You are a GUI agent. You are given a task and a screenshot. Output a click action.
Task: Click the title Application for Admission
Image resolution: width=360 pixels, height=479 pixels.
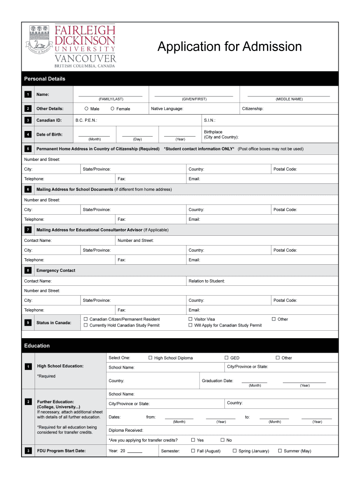click(230, 47)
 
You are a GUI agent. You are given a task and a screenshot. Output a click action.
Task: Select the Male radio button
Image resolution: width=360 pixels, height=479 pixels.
click(86, 109)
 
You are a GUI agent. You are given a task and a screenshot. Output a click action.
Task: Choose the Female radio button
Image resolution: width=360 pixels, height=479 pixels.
click(112, 109)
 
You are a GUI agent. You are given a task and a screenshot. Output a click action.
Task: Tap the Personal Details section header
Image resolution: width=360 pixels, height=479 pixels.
click(45, 79)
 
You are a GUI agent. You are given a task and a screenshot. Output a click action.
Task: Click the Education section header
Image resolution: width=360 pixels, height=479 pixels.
click(37, 346)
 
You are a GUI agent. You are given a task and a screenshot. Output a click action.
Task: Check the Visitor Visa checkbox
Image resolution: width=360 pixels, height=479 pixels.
click(190, 319)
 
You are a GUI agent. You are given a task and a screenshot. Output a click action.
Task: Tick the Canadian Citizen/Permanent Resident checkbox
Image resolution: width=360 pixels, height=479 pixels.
click(86, 319)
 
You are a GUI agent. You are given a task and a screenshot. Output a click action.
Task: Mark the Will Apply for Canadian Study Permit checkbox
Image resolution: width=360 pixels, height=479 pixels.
click(190, 325)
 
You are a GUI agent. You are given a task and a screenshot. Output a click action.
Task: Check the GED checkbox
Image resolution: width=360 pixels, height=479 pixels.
click(226, 358)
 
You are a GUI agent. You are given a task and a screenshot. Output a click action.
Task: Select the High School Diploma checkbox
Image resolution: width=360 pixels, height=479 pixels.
click(150, 358)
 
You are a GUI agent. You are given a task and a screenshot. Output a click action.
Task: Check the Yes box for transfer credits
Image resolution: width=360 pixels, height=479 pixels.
click(193, 440)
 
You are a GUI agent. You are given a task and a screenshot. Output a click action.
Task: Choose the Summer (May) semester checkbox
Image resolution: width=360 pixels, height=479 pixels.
click(280, 451)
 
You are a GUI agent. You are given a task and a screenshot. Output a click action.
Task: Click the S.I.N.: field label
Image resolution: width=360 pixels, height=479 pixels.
click(209, 120)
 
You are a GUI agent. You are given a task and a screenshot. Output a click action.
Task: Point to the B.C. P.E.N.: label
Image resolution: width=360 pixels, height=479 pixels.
click(86, 120)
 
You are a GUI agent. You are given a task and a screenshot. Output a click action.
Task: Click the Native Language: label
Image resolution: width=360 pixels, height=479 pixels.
click(167, 109)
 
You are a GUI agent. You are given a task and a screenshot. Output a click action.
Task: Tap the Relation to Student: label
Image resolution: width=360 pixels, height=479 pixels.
click(207, 281)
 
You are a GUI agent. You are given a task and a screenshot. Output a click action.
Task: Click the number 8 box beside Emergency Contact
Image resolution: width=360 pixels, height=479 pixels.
click(28, 270)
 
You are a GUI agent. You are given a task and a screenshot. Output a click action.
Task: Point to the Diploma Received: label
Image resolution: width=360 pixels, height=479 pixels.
click(126, 430)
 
